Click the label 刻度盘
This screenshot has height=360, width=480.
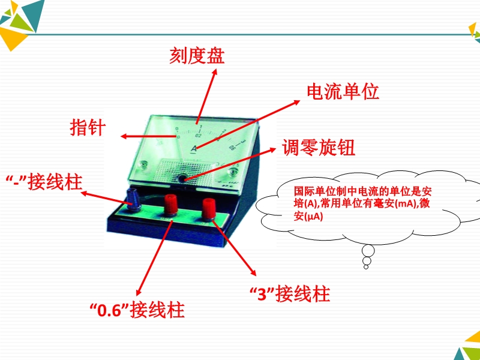click(197, 55)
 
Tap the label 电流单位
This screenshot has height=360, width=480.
click(343, 92)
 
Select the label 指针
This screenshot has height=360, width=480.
click(88, 127)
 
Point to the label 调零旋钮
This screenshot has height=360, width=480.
click(319, 148)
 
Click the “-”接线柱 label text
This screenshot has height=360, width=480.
click(44, 182)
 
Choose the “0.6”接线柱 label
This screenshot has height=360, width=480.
click(137, 310)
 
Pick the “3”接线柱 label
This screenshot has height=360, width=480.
click(290, 294)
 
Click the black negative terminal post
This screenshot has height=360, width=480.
click(133, 200)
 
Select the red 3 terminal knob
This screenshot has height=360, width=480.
click(209, 208)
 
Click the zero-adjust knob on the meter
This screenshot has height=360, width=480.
click(183, 178)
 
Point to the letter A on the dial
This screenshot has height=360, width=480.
click(194, 148)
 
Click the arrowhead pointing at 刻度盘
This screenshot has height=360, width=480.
click(215, 71)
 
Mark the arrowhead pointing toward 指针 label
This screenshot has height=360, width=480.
click(124, 137)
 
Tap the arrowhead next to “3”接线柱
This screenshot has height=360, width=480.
click(253, 272)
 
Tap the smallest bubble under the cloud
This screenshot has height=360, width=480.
click(366, 267)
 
